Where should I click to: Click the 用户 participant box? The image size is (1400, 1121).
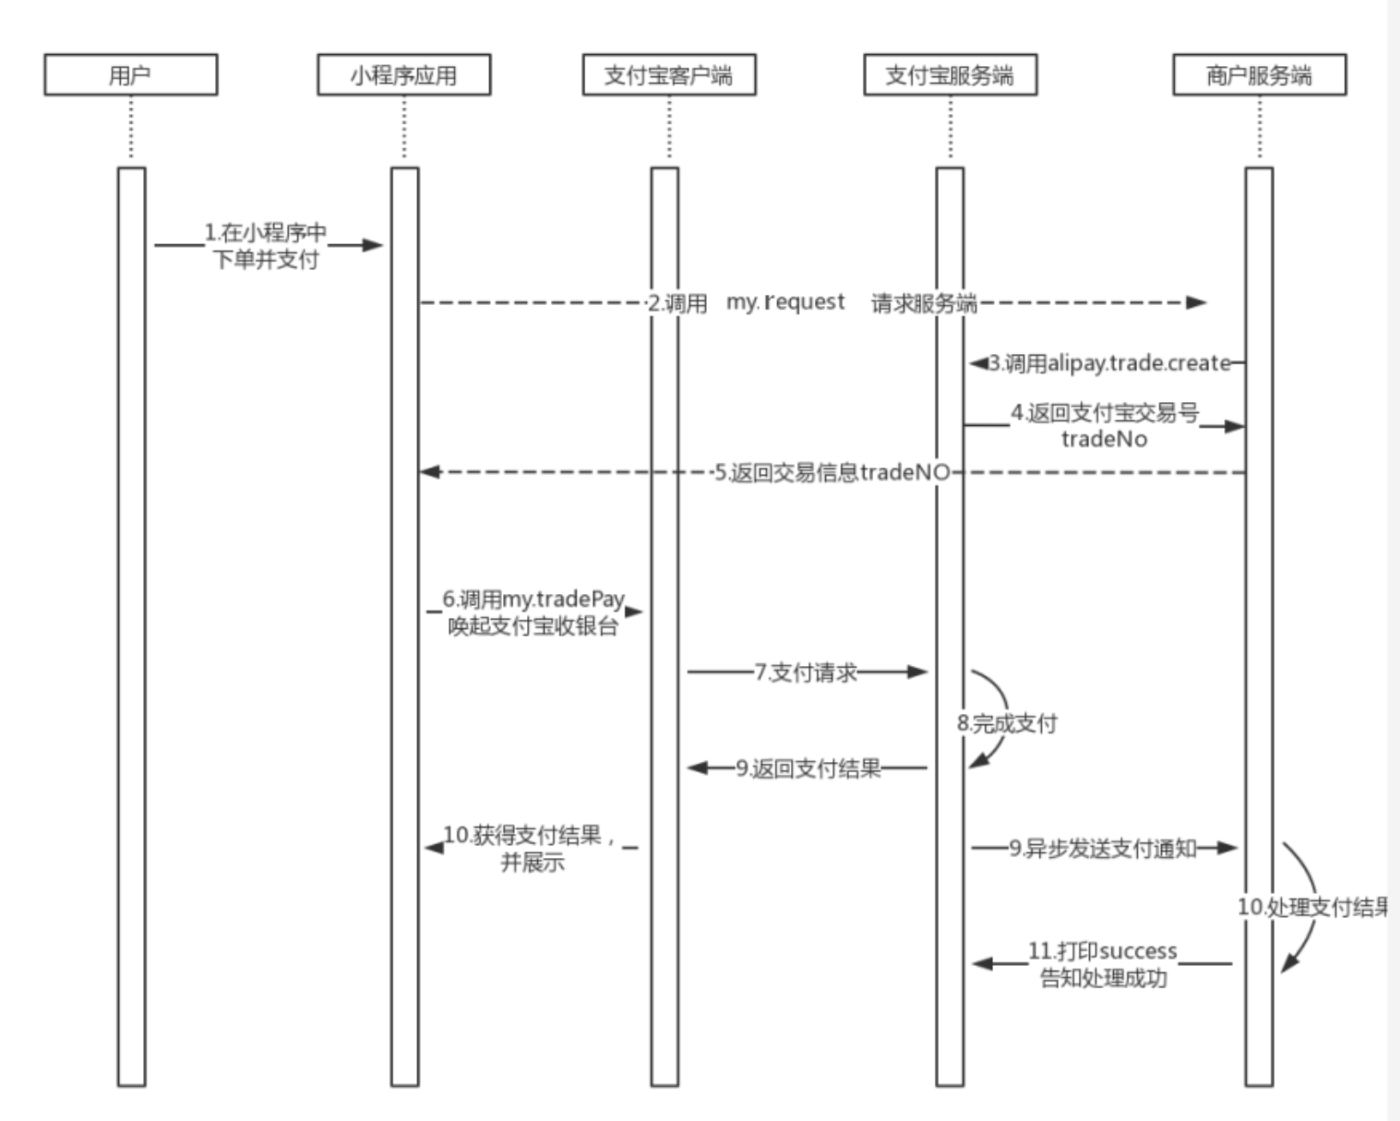click(130, 75)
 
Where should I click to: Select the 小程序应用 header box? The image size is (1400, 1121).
click(404, 75)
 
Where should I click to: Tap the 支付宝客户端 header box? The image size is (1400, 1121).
click(668, 75)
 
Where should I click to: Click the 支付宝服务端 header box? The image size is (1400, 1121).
click(949, 75)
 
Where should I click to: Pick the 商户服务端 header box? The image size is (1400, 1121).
click(1259, 75)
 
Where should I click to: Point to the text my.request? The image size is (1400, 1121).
click(785, 302)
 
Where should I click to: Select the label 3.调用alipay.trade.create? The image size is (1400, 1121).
click(1110, 363)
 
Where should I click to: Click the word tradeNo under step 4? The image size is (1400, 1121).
click(1104, 439)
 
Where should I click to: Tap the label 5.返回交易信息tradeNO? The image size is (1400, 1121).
click(831, 472)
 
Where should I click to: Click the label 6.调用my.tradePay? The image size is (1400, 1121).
click(533, 599)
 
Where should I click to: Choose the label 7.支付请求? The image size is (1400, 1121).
click(805, 673)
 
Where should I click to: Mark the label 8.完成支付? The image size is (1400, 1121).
click(1007, 723)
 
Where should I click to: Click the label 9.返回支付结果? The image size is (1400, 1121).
click(808, 769)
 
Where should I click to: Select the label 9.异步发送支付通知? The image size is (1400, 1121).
click(1102, 848)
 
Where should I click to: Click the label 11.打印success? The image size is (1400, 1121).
click(1103, 951)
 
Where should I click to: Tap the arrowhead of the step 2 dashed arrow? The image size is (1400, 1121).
click(1197, 303)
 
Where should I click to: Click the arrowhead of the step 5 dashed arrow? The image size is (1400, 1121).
click(429, 472)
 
